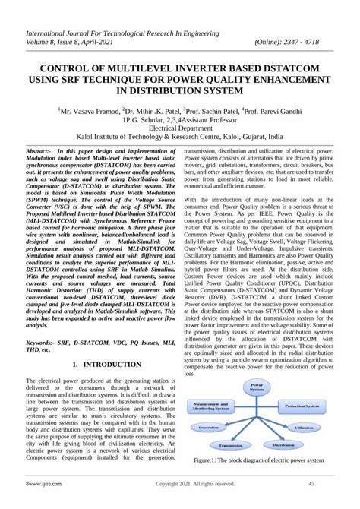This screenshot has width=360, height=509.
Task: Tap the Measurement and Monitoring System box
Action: [x=207, y=406]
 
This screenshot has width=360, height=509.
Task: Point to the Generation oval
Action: [x=208, y=428]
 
